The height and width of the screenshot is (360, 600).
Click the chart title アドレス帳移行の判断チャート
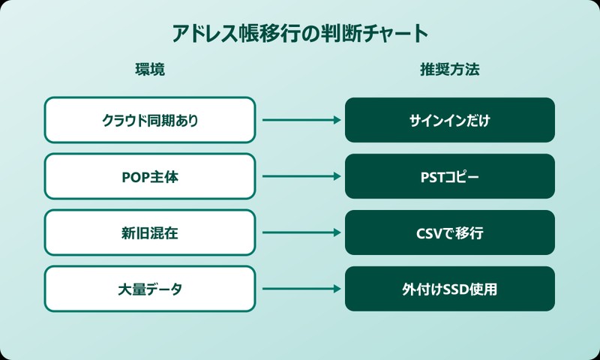[300, 34]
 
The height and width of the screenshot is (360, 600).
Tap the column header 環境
[149, 70]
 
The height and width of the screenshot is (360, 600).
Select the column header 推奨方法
[449, 70]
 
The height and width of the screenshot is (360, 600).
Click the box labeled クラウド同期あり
[150, 120]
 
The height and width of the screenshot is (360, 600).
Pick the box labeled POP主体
[150, 176]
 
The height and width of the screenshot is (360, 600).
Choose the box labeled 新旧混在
[150, 232]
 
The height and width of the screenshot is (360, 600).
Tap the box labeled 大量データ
[150, 289]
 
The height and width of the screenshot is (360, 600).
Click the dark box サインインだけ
[450, 120]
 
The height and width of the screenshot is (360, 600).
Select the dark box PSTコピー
[450, 176]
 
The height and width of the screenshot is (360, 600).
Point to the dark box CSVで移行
[450, 232]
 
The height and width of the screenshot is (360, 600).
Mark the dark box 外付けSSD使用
[450, 289]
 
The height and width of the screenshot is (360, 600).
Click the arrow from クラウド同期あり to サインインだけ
[300, 120]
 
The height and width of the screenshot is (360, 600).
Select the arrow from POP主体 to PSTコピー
[300, 176]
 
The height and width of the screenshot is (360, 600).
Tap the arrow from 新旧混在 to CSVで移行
[300, 232]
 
